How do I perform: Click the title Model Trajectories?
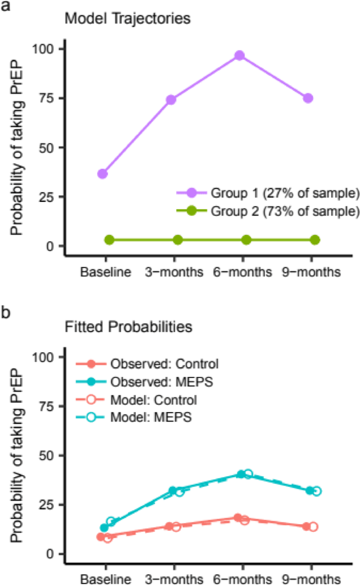click(127, 19)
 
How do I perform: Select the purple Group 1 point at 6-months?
click(240, 56)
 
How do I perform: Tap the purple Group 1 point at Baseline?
click(102, 173)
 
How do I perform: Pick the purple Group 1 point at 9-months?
click(308, 98)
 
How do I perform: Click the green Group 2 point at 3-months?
click(178, 240)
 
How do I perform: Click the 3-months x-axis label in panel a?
click(171, 272)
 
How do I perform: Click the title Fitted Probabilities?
click(128, 326)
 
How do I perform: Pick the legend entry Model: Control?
click(153, 400)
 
